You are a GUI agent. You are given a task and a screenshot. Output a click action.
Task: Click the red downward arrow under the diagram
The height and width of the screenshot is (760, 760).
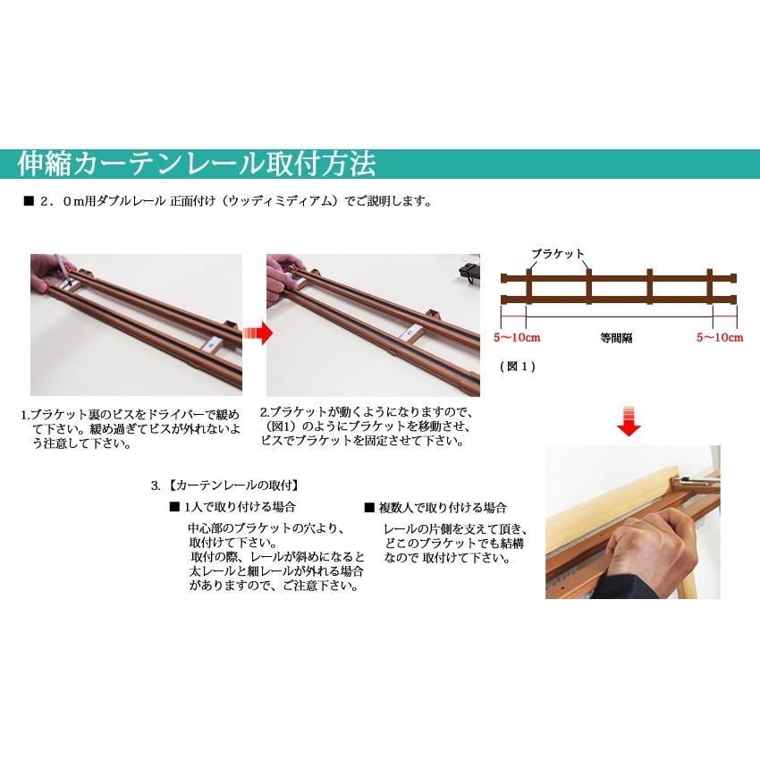click(630, 419)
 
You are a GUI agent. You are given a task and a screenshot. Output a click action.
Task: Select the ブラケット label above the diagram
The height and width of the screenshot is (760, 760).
click(556, 254)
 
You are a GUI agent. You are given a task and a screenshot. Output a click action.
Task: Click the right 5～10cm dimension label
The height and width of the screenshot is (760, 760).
click(721, 338)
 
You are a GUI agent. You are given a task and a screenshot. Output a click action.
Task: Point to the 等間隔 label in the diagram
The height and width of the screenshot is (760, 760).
click(618, 339)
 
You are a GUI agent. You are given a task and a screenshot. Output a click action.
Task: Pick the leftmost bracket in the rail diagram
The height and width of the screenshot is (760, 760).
click(528, 286)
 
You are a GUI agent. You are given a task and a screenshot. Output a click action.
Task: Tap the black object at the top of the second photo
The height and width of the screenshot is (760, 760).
click(468, 268)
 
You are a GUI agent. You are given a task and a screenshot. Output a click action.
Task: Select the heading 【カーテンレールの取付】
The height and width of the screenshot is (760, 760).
click(232, 486)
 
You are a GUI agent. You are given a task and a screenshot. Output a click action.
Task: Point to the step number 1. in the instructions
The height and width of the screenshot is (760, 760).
click(26, 415)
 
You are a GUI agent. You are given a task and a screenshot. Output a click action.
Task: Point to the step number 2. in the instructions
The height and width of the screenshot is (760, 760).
click(265, 413)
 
